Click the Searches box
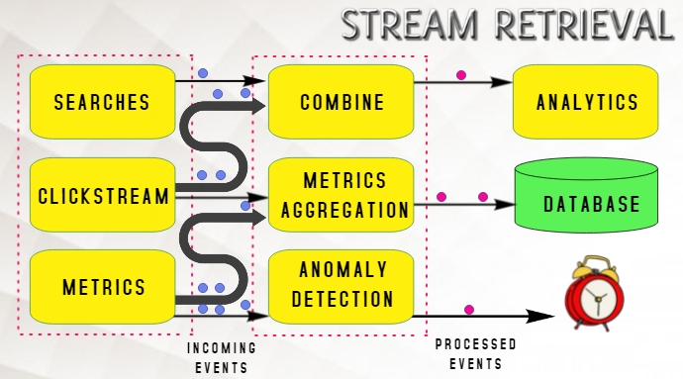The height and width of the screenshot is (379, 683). [103, 101]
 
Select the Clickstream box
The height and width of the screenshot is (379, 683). [103, 195]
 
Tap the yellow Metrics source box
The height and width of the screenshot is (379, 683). [103, 288]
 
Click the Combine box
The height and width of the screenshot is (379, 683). [341, 101]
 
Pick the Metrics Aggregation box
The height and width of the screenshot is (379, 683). [341, 195]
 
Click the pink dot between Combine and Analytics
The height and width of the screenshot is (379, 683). [460, 75]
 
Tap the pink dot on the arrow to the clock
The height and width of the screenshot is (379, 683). [469, 310]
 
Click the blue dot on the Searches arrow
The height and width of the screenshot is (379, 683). [203, 73]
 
